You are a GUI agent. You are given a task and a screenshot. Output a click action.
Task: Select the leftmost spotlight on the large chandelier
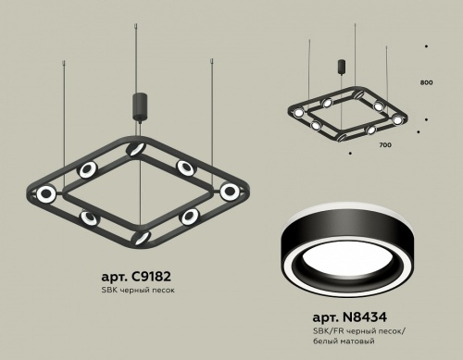coord(45,193)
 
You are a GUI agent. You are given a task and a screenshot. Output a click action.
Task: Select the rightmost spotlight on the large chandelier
coord(229,192)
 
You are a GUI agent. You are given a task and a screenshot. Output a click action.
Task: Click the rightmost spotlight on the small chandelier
coord(398,119)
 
